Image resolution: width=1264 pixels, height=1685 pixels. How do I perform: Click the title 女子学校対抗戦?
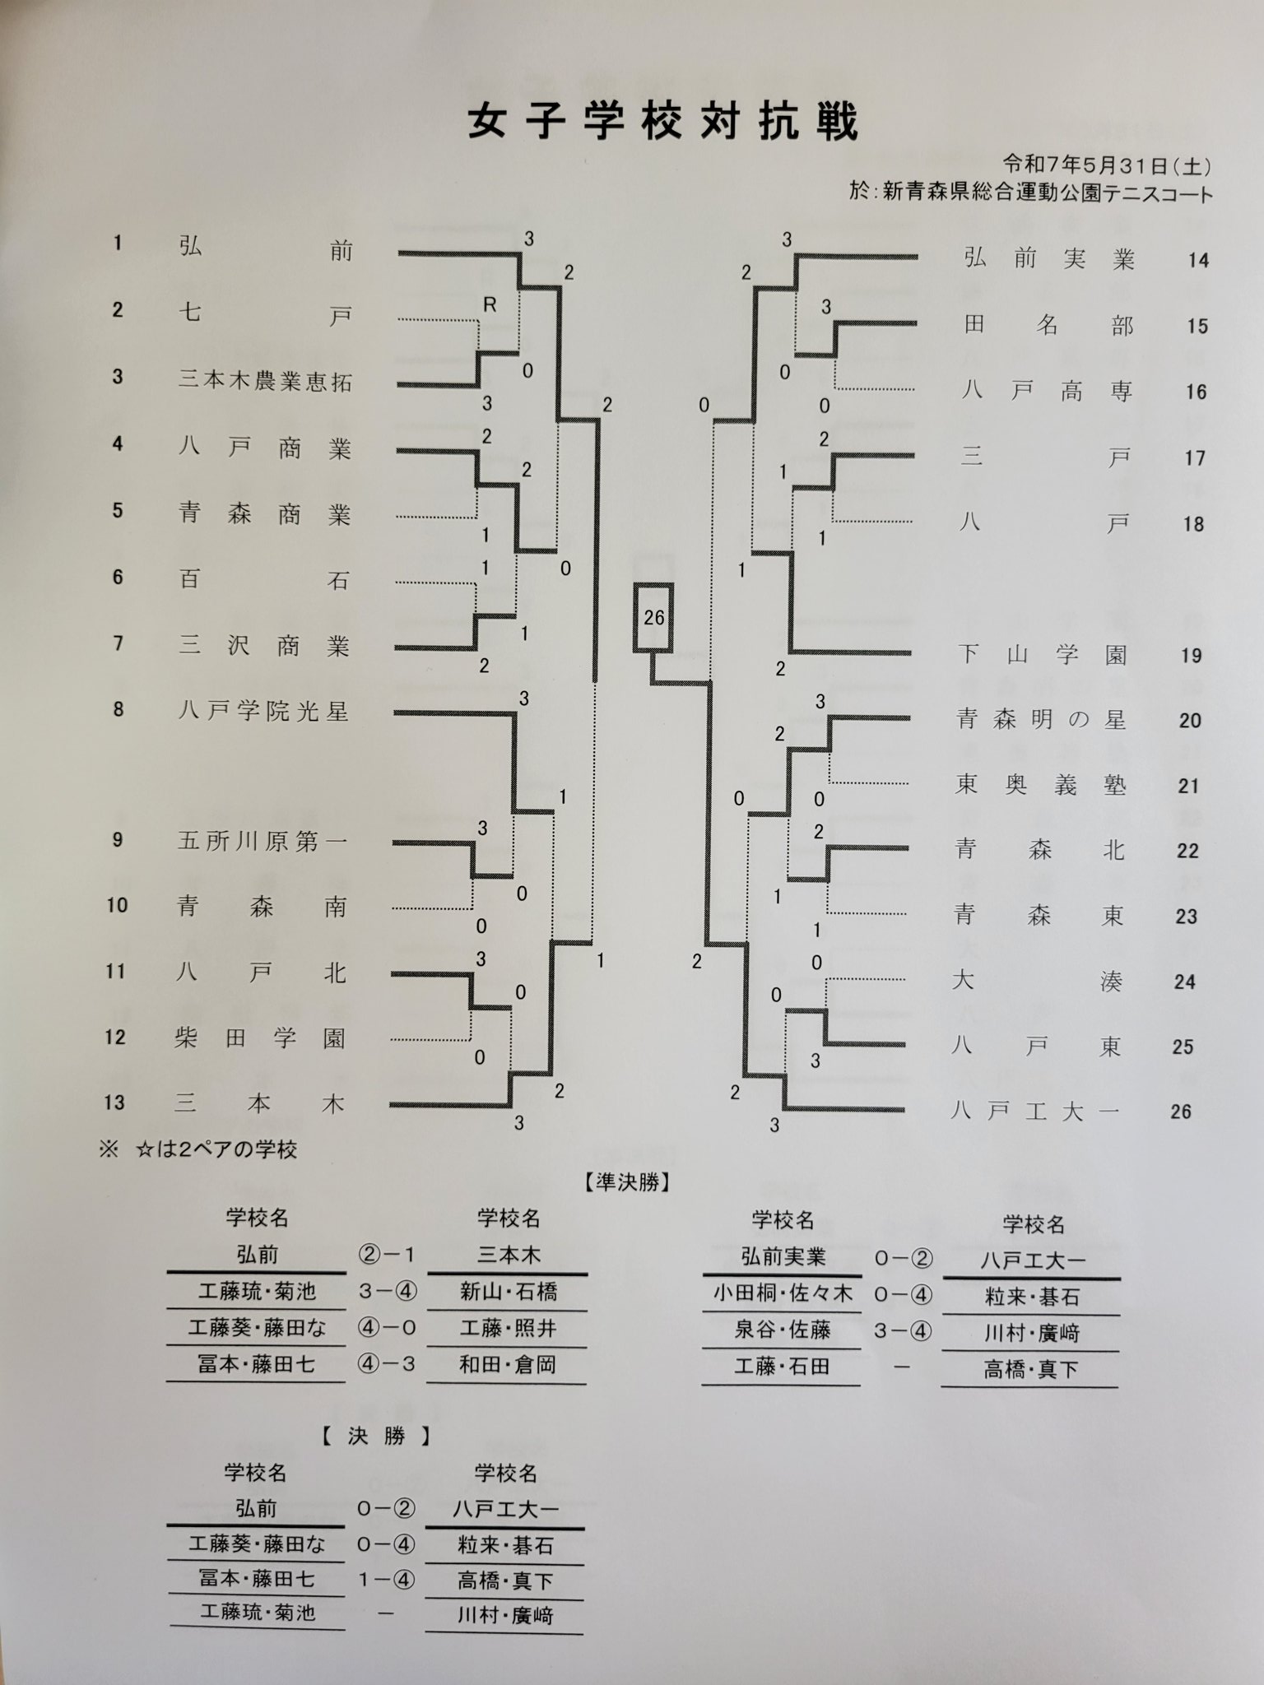point(663,122)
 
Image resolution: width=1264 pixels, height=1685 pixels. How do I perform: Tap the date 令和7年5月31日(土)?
point(1107,165)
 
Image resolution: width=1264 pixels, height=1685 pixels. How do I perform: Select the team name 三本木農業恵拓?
point(265,382)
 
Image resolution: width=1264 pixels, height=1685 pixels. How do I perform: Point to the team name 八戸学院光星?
point(263,711)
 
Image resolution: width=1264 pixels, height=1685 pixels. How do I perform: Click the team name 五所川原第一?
point(263,841)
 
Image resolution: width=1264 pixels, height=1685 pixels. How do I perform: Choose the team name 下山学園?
point(1042,655)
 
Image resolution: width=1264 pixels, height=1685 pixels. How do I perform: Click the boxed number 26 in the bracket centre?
point(654,617)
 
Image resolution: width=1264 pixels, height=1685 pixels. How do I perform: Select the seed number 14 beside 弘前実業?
point(1197,261)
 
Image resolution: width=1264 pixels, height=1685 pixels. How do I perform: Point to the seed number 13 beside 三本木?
point(114,1102)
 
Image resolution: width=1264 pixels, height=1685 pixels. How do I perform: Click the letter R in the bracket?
point(490,305)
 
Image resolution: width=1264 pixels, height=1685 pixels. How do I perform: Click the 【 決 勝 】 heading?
point(374,1437)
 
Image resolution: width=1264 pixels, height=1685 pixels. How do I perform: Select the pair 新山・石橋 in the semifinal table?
point(508,1292)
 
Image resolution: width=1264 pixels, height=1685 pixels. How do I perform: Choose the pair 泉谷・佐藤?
point(783,1330)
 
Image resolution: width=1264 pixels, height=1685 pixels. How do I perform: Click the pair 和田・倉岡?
point(508,1364)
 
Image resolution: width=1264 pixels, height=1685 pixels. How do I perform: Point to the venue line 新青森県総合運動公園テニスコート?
point(1047,193)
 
